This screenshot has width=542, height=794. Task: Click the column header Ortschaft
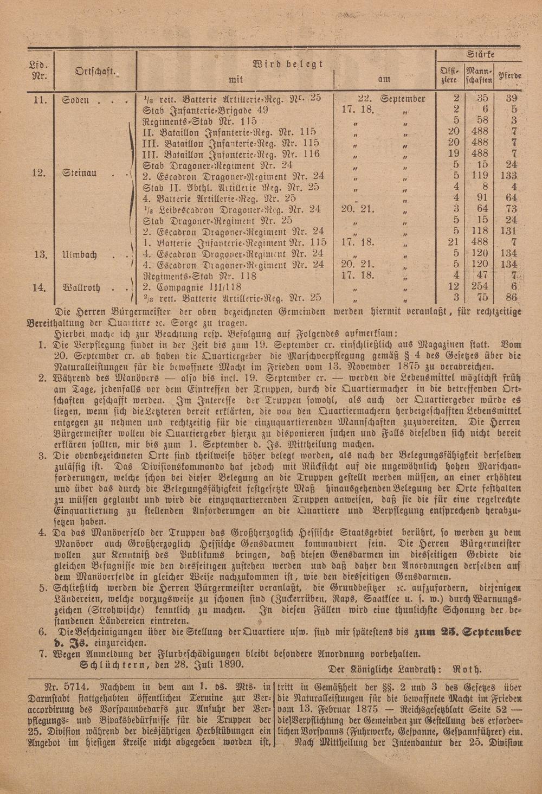click(x=90, y=72)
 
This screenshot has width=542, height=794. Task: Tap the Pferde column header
click(x=510, y=76)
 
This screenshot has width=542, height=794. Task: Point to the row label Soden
click(x=76, y=99)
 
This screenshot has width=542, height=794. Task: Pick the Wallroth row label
click(x=81, y=287)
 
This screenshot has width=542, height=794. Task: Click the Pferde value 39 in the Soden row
click(x=511, y=98)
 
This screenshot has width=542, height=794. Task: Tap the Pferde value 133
click(x=510, y=176)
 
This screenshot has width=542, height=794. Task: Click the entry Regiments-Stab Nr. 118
click(x=199, y=276)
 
